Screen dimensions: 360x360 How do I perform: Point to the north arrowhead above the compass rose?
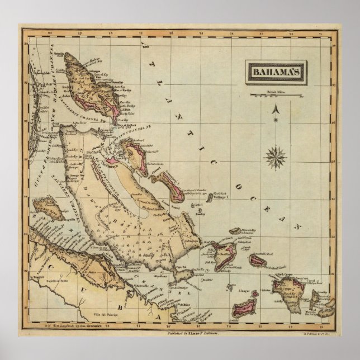click(x=275, y=110)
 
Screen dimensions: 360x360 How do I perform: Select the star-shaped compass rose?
click(x=275, y=156)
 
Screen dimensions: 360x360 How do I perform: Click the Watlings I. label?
click(x=221, y=197)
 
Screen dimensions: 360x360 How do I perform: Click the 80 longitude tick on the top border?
click(x=50, y=34)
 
